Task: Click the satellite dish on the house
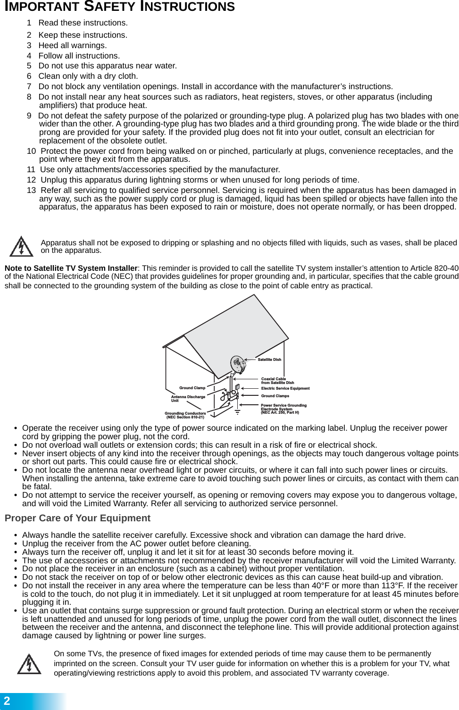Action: click(238, 364)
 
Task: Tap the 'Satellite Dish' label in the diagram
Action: click(269, 359)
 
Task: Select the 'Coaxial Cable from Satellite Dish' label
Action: click(277, 381)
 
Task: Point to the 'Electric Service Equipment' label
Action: click(285, 389)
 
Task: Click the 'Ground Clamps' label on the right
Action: click(275, 396)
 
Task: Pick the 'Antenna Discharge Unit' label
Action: click(188, 399)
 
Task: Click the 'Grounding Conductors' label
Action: click(185, 415)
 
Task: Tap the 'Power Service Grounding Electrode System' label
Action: click(283, 409)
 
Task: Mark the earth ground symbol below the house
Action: click(238, 412)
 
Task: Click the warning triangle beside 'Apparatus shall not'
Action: click(22, 247)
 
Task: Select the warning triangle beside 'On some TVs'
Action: click(29, 664)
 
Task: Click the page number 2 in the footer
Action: click(7, 701)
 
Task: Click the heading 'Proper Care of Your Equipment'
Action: click(77, 518)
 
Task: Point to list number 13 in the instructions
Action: click(31, 190)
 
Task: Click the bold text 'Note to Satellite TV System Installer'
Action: click(71, 268)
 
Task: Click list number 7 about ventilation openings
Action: click(29, 86)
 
